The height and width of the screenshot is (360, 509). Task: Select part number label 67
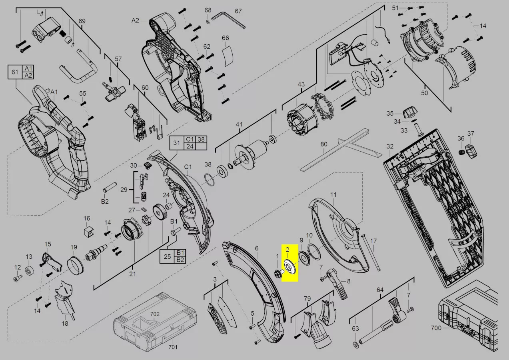(x=238, y=11)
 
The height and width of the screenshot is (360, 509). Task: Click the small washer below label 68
(x=208, y=22)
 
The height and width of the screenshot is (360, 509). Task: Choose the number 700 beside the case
(x=436, y=328)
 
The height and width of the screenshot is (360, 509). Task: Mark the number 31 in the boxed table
(x=177, y=143)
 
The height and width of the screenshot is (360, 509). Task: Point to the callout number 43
(x=301, y=84)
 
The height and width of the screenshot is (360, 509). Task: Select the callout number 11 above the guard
(x=333, y=194)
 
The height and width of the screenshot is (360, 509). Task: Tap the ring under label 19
(x=76, y=265)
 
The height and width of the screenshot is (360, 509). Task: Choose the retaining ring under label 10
(x=314, y=252)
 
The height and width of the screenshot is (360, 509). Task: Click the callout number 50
(x=424, y=93)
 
